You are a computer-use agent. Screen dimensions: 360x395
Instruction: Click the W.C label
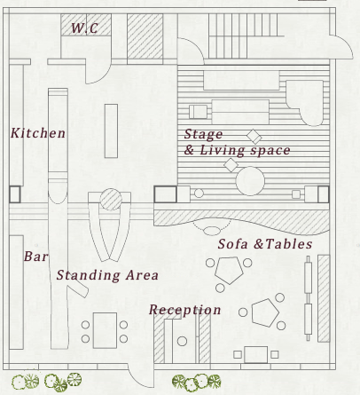[84, 28]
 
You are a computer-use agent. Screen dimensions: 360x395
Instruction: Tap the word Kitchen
[38, 133]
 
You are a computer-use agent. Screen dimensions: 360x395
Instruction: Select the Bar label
[35, 257]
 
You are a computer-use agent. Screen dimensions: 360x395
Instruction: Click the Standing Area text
[107, 275]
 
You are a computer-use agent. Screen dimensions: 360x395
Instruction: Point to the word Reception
[185, 310]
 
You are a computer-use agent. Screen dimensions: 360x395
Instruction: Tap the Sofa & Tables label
[265, 244]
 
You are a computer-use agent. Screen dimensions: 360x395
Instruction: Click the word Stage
[203, 134]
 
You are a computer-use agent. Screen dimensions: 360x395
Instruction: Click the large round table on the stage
[250, 181]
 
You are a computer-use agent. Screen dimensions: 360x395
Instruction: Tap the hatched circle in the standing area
[111, 200]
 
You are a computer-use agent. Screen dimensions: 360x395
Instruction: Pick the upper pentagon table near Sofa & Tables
[229, 270]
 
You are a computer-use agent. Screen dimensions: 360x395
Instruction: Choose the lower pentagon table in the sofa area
[265, 312]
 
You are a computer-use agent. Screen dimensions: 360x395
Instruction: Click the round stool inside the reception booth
[182, 341]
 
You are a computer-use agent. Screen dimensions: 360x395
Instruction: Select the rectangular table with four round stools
[105, 330]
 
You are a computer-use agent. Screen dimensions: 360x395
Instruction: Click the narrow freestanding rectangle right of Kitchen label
[111, 130]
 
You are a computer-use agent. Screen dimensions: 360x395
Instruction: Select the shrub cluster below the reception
[196, 382]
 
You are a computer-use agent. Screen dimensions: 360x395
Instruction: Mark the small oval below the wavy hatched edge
[212, 231]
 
